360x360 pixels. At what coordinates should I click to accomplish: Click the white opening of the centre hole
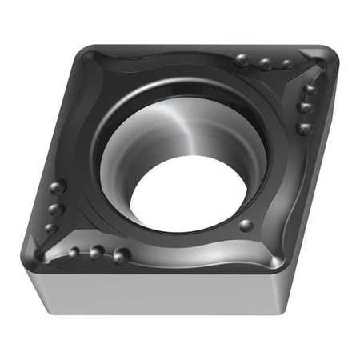point(187,196)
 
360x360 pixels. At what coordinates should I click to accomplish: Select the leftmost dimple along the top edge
point(242,59)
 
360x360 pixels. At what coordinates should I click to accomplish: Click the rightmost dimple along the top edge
point(286,64)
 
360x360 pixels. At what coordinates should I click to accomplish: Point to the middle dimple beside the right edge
point(306,106)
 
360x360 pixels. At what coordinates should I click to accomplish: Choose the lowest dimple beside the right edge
point(303,127)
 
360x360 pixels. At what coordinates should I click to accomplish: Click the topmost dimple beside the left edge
point(57,189)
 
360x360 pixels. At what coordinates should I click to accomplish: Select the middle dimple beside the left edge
point(55,210)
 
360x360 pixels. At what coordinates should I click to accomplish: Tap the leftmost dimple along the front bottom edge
point(74,252)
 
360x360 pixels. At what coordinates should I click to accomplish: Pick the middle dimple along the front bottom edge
point(97,253)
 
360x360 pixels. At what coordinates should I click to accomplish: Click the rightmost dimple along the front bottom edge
point(121,255)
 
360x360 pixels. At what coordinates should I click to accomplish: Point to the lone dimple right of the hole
point(246,226)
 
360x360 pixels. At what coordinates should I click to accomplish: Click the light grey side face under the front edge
point(160,292)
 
